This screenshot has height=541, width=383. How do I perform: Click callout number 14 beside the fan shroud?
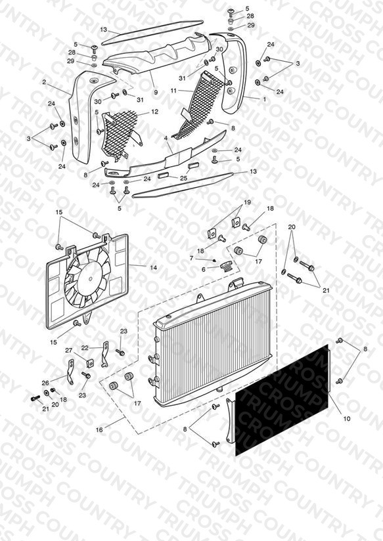coord(153,267)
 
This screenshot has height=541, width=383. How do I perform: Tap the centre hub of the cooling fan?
coord(91,279)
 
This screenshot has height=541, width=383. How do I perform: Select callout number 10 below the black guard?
coord(347,418)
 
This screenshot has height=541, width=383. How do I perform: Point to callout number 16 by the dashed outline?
coord(99,430)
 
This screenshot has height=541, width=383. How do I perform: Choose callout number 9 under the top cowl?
coord(156,92)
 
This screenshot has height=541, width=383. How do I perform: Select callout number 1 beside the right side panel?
coord(265,99)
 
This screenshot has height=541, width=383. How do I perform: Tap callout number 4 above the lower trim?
coord(166,138)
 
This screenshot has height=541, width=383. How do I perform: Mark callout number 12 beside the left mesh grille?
coord(154,112)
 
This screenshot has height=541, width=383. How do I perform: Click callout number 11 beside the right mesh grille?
coord(173,91)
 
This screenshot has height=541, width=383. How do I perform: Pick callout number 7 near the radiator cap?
coord(192,258)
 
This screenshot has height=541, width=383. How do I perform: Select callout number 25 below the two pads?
coord(184,178)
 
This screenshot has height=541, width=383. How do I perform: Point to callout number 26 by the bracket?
coord(45,383)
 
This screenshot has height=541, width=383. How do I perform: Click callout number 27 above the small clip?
coord(69,350)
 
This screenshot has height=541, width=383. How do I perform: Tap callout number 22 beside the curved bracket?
coord(85,348)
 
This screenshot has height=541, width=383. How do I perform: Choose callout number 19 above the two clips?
coord(247,202)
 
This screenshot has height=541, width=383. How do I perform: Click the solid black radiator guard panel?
coord(281,400)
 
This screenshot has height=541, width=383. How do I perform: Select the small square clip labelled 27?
coord(90,363)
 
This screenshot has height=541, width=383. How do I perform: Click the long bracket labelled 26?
coord(70,372)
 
